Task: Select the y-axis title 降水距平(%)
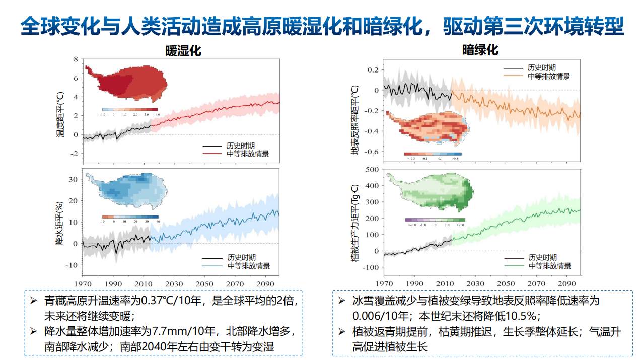[x=60, y=223]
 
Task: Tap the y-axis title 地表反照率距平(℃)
[x=355, y=120]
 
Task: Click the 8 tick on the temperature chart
[x=76, y=59]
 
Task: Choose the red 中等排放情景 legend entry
[x=248, y=154]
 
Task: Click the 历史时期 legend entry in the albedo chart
[x=542, y=67]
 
